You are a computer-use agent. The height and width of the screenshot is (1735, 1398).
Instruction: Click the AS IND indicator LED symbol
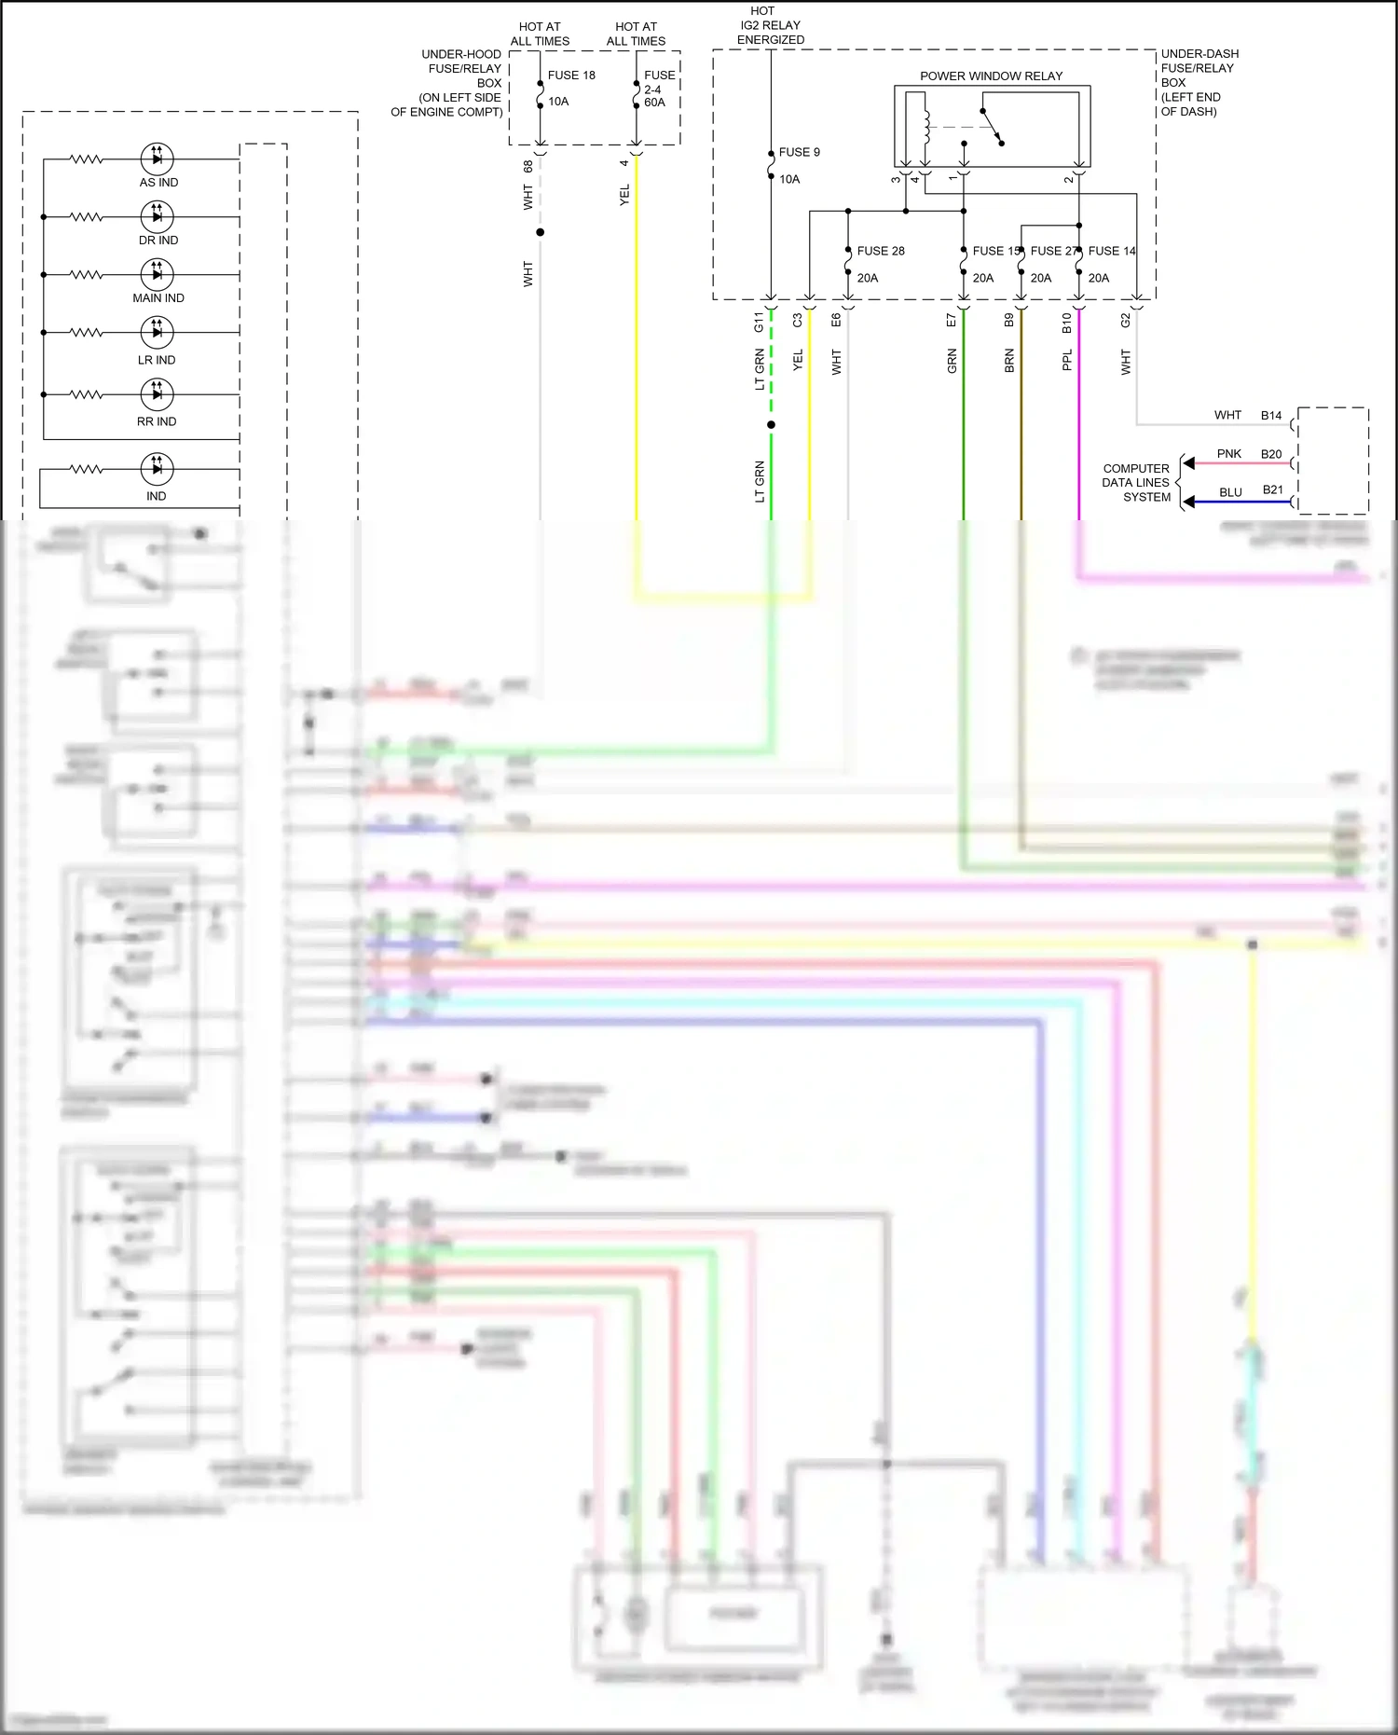[x=157, y=158]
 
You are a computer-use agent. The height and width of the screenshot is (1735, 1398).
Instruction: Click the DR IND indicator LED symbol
[x=157, y=216]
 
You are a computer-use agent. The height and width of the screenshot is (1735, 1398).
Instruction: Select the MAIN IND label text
[x=158, y=298]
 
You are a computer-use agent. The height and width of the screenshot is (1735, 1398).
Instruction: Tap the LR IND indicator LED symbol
[x=157, y=332]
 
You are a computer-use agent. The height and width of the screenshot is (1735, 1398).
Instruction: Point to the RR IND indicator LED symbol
[x=157, y=394]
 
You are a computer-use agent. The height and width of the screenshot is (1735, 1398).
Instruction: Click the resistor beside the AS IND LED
[x=87, y=159]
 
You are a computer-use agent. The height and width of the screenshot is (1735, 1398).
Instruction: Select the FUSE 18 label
[x=571, y=76]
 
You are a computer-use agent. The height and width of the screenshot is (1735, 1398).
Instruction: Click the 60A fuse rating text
[x=654, y=103]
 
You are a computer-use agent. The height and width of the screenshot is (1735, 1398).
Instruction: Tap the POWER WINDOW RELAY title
[x=991, y=76]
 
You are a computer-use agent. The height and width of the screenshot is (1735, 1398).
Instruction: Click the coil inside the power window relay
[x=926, y=127]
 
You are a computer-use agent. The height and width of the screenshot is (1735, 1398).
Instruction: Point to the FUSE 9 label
[x=799, y=152]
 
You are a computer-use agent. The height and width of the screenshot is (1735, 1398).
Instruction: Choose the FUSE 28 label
[x=881, y=251]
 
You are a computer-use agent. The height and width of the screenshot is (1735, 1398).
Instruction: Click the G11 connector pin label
[x=759, y=323]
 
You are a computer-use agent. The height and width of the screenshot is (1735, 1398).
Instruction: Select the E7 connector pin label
[x=952, y=320]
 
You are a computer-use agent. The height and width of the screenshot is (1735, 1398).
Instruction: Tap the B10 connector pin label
[x=1067, y=323]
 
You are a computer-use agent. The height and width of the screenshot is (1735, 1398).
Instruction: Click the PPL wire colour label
[x=1067, y=360]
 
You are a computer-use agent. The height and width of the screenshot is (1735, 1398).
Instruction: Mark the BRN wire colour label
[x=1009, y=362]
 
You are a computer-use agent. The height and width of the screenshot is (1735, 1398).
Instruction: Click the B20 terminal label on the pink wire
[x=1271, y=455]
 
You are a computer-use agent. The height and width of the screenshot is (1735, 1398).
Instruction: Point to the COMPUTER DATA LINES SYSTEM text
[x=1136, y=483]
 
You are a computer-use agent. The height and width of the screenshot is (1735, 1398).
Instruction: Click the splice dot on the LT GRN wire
[x=771, y=425]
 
